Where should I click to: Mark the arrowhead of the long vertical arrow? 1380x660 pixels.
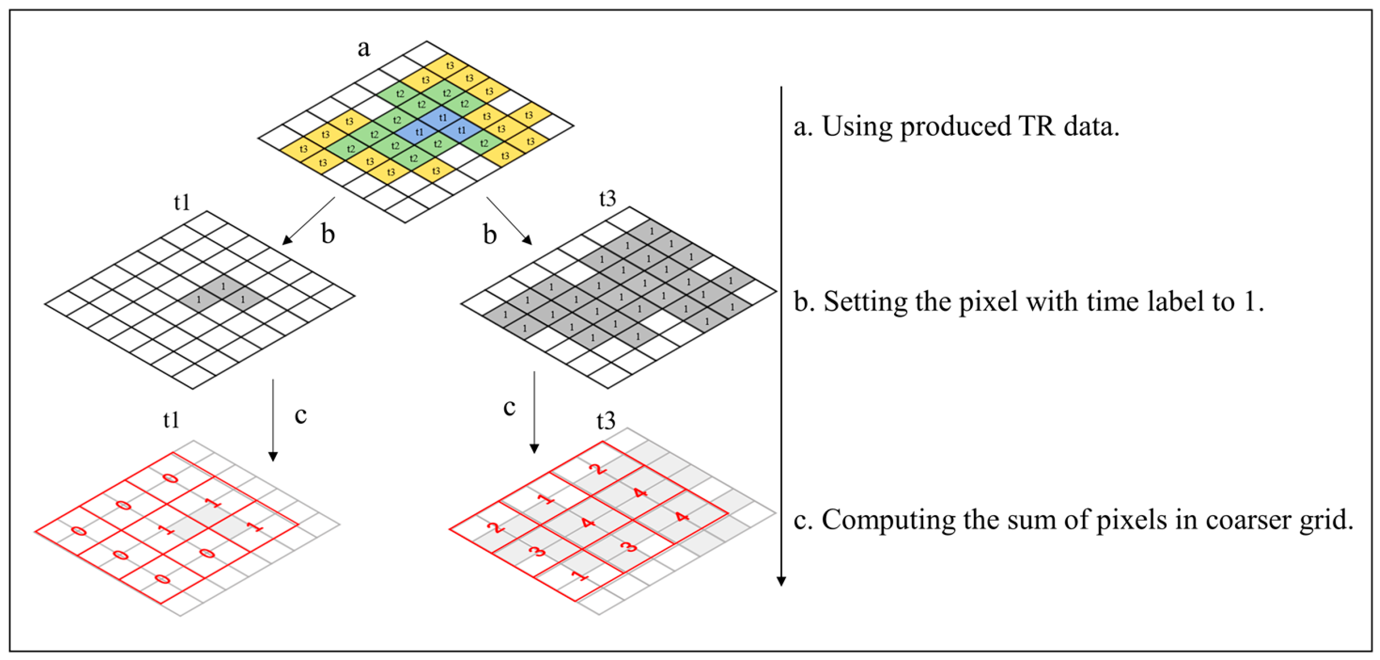click(781, 581)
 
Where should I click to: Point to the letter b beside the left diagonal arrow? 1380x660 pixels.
click(328, 234)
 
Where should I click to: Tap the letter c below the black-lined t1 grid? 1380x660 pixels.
click(300, 416)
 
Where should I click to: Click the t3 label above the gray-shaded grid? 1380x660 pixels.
click(608, 199)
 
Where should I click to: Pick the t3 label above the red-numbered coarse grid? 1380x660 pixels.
click(606, 421)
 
